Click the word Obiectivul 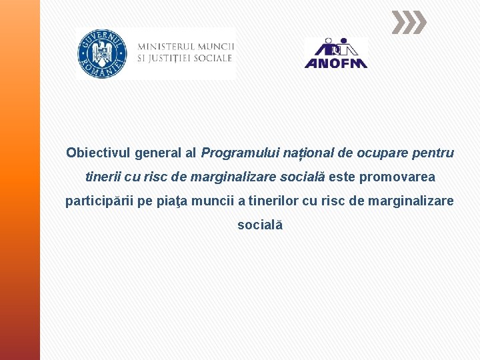pos(98,153)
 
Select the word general pos(158,153)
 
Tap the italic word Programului pos(241,153)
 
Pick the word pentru pos(433,153)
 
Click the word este pos(342,177)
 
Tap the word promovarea pos(397,177)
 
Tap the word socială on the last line pos(260,225)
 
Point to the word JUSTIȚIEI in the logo pos(175,59)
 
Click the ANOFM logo pos(335,53)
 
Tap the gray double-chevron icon pos(407,23)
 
